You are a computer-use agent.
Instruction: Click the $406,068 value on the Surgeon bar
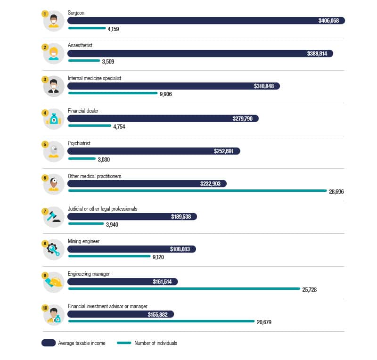click(329, 21)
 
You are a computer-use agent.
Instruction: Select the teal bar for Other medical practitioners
click(197, 190)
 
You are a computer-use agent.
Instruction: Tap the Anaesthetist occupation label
click(80, 45)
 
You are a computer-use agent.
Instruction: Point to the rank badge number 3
click(45, 79)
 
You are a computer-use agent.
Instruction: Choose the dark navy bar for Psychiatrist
click(154, 151)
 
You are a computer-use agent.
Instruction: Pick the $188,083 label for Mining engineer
click(180, 249)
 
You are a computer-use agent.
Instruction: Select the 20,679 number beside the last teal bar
click(264, 322)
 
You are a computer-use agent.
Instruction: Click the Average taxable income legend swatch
click(49, 343)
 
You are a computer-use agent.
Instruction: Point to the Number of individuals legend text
click(156, 343)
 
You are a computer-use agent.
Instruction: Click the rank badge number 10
click(45, 308)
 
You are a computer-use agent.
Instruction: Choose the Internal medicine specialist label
click(94, 78)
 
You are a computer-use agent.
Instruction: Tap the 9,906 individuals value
click(166, 94)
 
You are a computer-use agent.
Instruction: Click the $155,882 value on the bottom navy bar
click(157, 314)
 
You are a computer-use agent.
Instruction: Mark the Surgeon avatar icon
click(54, 21)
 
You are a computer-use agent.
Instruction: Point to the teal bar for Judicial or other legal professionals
click(86, 223)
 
